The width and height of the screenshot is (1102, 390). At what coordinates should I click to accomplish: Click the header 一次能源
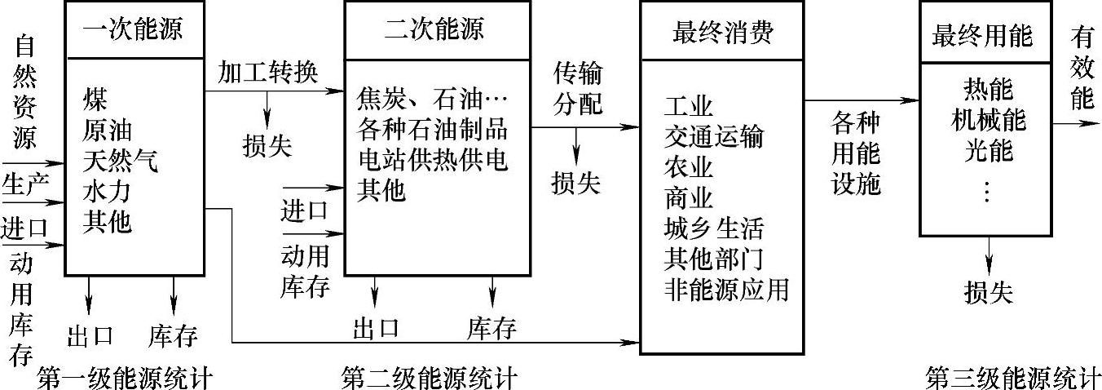(133, 31)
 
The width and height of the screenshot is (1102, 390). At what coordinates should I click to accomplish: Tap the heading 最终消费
(722, 33)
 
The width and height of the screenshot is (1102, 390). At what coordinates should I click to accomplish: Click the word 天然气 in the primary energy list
(120, 162)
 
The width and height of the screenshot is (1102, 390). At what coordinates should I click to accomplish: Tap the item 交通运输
(714, 137)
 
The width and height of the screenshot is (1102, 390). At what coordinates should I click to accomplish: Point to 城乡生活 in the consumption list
(714, 228)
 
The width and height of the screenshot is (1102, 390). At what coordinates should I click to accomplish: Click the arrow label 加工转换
(267, 72)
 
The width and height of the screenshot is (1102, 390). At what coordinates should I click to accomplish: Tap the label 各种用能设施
(856, 154)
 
